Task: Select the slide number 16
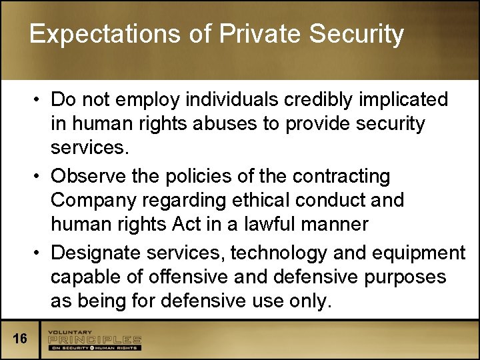tap(20, 339)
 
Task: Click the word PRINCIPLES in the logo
tap(94, 339)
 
